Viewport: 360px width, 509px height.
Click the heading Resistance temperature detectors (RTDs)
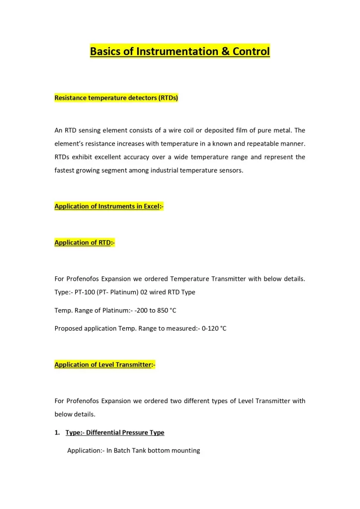(x=116, y=98)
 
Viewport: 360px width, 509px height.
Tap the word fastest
(x=66, y=170)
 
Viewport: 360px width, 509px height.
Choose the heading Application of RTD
(x=84, y=243)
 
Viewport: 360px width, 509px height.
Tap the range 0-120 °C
(x=214, y=329)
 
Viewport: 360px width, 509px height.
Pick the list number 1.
(x=57, y=432)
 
